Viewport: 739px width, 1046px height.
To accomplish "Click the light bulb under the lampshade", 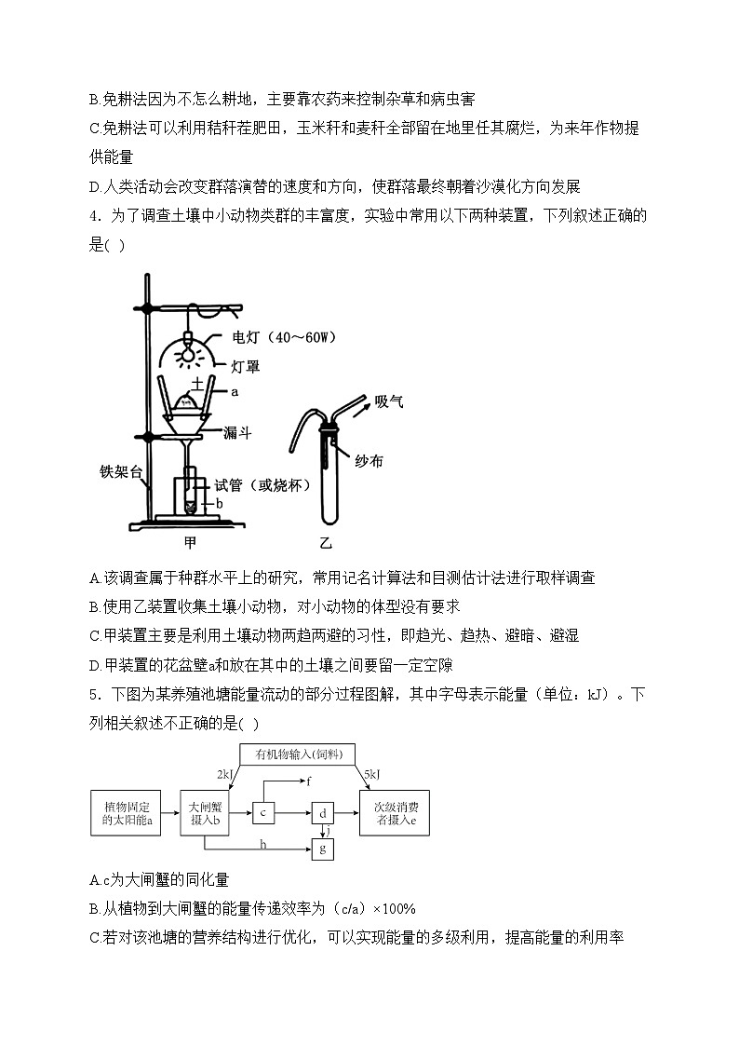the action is point(188,353).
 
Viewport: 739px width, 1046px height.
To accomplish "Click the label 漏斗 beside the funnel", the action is point(235,433).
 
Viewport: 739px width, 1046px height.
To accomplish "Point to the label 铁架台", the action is point(120,471).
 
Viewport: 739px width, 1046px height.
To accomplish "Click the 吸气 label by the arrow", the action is point(389,401).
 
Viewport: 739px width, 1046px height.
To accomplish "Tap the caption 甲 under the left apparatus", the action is point(191,540).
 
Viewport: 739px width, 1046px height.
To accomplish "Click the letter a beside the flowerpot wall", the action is point(235,392).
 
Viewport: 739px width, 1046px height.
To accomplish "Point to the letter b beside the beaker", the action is point(220,503).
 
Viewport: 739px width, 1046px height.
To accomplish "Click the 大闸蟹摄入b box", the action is point(205,813).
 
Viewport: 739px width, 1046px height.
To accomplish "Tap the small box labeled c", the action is point(264,813).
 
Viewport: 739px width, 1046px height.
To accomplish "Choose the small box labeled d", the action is point(322,813).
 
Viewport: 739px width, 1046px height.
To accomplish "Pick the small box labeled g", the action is point(322,848).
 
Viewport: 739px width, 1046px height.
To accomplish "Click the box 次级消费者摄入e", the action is point(396,813).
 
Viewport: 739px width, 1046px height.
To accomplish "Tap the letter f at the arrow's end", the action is point(308,779).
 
